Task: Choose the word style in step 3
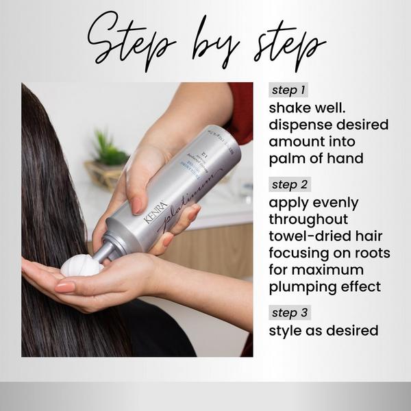click(x=287, y=332)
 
